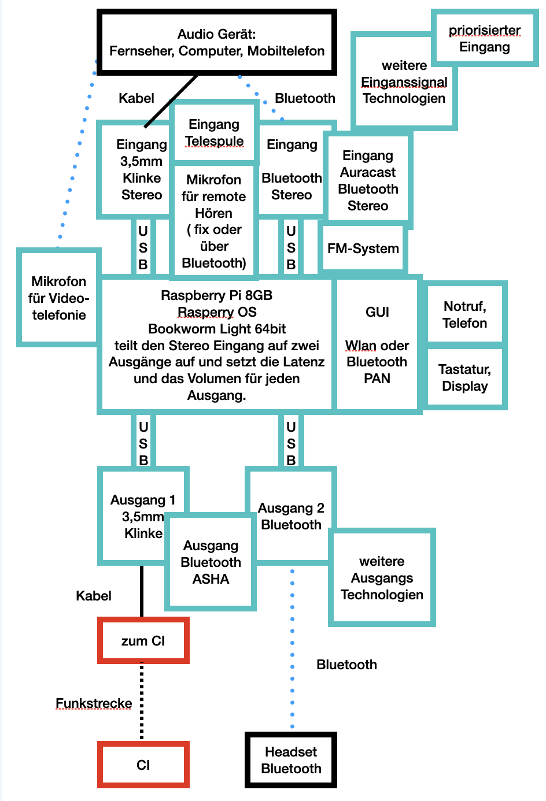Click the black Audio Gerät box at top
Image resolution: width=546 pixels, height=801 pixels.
click(x=217, y=42)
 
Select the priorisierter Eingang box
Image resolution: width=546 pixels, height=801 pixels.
click(x=485, y=39)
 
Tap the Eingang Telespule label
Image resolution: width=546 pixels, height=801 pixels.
click(x=214, y=133)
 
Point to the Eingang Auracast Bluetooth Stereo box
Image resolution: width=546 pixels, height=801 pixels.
click(x=368, y=180)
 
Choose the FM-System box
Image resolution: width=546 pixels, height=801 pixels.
click(x=363, y=249)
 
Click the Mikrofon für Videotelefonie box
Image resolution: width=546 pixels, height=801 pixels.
click(x=58, y=298)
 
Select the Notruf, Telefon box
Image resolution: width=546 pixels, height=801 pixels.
click(x=465, y=314)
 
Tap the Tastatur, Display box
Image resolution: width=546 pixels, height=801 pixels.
click(x=465, y=377)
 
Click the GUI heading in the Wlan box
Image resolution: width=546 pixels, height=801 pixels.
click(x=377, y=312)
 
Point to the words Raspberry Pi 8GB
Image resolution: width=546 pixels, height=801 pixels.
click(x=217, y=295)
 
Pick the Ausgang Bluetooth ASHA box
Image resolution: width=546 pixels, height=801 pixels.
click(x=211, y=562)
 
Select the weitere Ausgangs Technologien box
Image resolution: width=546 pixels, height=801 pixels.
click(x=382, y=578)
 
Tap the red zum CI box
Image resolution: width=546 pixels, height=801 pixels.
click(x=143, y=641)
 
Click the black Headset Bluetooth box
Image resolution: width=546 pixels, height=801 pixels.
click(x=291, y=761)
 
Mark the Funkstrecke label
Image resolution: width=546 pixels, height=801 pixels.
click(x=94, y=703)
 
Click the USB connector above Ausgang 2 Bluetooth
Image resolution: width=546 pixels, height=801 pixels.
click(x=291, y=443)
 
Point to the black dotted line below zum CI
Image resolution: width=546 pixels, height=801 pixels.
click(x=142, y=701)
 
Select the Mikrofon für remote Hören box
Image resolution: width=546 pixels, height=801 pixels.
click(x=214, y=221)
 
